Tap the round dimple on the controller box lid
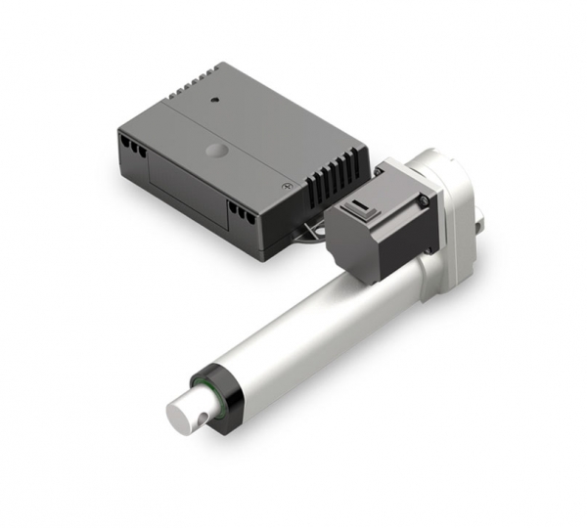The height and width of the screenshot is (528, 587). pyautogui.click(x=215, y=152)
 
